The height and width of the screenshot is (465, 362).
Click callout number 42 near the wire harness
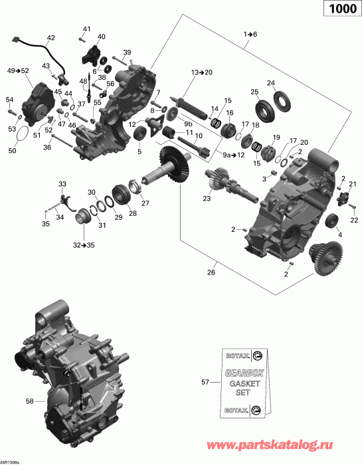51,37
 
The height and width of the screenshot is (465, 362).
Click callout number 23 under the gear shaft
207,199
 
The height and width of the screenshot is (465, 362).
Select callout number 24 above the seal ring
271,83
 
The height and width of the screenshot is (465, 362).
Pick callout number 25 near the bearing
254,91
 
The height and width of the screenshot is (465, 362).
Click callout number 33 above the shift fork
62,184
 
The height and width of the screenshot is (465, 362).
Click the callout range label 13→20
201,71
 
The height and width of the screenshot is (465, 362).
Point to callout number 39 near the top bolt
128,52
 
